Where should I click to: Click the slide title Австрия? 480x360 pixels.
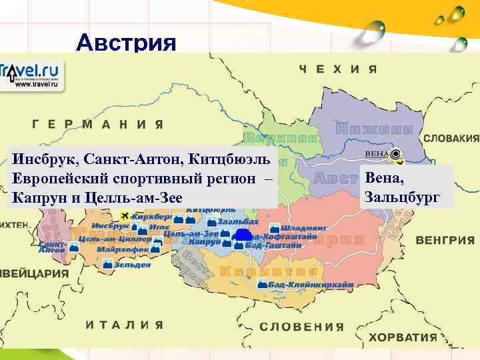coord(127,43)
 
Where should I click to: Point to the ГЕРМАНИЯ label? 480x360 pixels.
coord(97,124)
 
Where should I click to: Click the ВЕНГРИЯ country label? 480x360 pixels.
coord(447,239)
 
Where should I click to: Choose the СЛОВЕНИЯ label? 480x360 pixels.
coord(301,327)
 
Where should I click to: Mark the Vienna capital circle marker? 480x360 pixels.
coord(397,154)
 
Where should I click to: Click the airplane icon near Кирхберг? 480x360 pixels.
coord(125,216)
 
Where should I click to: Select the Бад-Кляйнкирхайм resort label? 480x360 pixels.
coord(307,285)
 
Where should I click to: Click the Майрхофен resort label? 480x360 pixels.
coord(125,250)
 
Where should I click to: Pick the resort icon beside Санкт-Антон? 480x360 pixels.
coord(74,248)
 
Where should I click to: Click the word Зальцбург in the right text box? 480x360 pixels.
coord(402,197)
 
